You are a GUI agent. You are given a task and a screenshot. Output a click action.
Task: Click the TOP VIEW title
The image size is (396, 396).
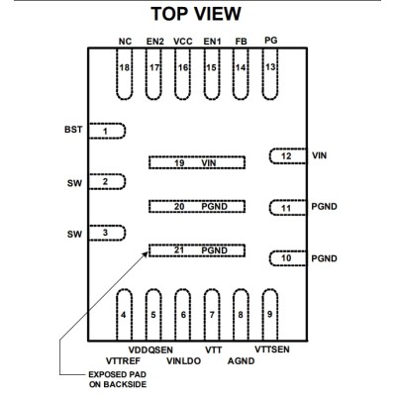click(196, 14)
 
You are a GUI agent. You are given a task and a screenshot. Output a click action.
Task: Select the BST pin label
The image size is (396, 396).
click(73, 130)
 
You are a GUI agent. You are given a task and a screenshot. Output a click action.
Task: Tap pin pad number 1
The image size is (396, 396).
click(107, 131)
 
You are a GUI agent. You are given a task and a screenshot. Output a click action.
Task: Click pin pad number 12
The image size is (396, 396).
click(288, 155)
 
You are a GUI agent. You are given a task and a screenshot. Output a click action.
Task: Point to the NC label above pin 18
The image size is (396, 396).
click(125, 42)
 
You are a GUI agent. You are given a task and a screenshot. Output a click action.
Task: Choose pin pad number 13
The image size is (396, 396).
click(270, 74)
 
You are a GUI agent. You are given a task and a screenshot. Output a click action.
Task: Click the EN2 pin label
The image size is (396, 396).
click(155, 42)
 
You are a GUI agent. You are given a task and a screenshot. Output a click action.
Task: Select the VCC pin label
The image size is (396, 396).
click(183, 42)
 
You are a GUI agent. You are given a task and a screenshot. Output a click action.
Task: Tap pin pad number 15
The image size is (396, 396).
click(212, 74)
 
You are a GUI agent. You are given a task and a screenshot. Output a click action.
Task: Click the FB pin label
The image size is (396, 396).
click(241, 42)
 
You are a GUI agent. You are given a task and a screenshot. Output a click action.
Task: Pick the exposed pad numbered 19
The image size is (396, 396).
click(197, 162)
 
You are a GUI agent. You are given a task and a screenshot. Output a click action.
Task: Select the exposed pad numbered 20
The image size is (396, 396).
click(197, 207)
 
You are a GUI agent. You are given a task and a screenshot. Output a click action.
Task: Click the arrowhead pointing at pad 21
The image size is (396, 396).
click(145, 254)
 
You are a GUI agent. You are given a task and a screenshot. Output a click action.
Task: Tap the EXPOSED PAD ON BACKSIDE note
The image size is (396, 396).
click(118, 379)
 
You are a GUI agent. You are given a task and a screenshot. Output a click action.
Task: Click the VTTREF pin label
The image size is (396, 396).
click(123, 361)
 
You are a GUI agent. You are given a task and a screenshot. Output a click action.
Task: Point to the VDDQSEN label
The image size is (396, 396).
click(150, 349)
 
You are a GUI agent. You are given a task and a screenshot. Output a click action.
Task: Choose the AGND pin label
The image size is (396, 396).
click(241, 361)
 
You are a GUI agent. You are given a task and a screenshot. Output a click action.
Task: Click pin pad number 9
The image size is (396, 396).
click(270, 315)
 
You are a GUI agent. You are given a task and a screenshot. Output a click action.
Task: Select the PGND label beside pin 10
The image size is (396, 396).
click(325, 258)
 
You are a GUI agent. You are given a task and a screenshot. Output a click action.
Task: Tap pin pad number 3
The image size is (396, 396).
click(107, 233)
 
